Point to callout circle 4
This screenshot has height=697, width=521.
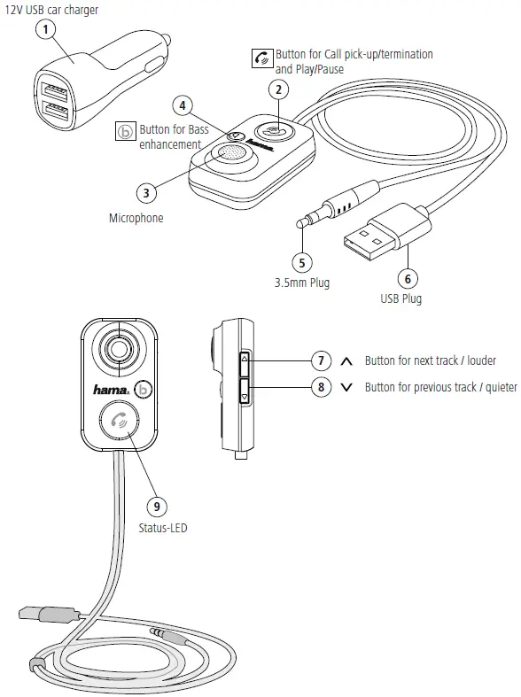point(183,105)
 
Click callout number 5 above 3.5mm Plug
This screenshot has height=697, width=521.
point(302,262)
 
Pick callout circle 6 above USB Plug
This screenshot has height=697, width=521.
point(408,277)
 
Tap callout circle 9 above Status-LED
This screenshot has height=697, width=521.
point(156,506)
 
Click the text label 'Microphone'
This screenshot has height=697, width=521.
point(136,218)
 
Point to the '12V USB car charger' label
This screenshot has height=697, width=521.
point(52,10)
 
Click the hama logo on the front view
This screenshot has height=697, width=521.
point(113,388)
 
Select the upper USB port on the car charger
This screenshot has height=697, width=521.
point(49,89)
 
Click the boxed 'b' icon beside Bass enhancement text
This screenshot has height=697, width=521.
point(126,132)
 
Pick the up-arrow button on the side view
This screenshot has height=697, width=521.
point(245,360)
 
